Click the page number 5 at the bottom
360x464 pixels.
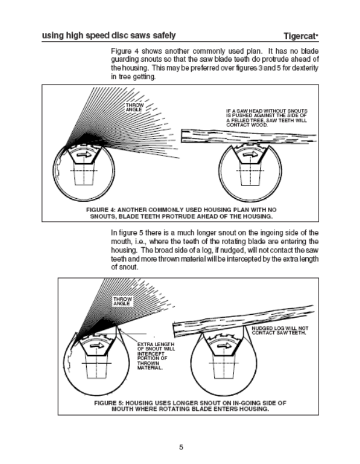(x=181, y=447)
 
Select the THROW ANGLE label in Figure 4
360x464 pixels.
(x=135, y=108)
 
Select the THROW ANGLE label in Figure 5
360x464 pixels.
(x=123, y=300)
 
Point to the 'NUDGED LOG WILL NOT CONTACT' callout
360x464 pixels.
(x=280, y=331)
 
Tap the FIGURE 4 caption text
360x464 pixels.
(x=179, y=212)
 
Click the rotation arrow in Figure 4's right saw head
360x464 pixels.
(x=248, y=155)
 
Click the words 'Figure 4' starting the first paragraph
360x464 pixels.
(x=125, y=50)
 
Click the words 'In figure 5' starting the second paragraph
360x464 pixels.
(x=129, y=233)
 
